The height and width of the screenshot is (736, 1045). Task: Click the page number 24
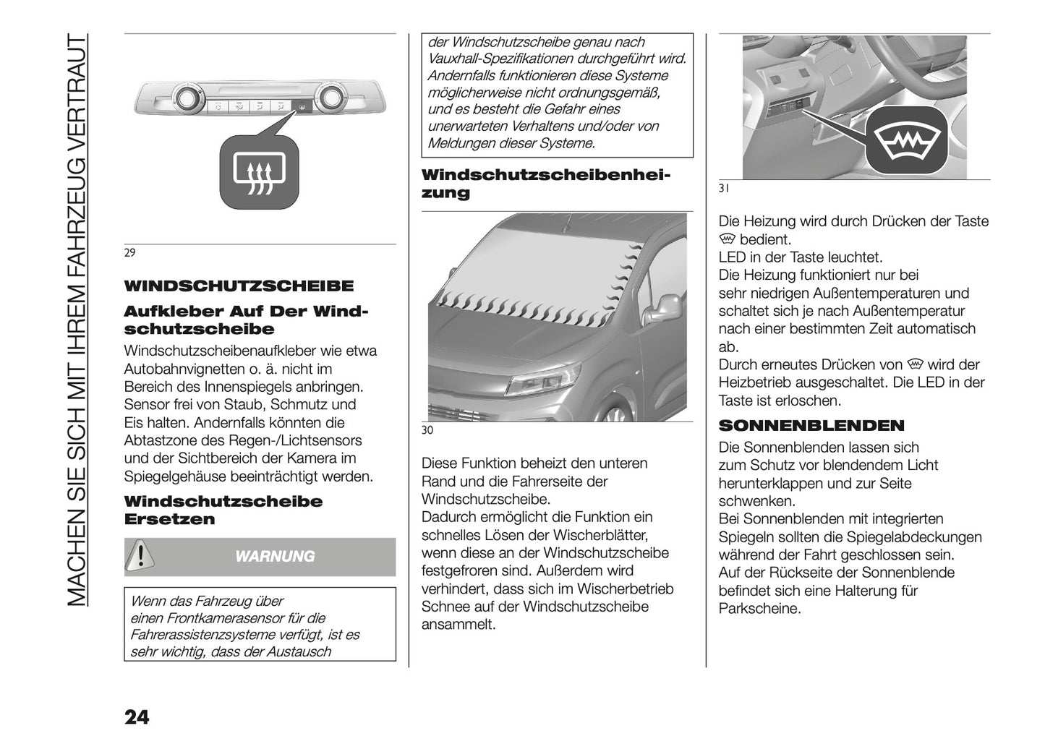(137, 716)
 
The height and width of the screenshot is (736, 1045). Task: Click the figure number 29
(129, 253)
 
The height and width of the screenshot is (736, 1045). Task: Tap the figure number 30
(427, 431)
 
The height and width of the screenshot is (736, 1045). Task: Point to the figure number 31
(723, 189)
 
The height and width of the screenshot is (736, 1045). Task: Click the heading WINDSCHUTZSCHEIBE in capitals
(239, 286)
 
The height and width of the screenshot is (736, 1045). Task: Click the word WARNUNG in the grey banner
(276, 557)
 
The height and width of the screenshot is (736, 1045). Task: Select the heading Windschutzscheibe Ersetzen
(223, 510)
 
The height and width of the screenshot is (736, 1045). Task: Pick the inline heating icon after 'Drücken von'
(915, 364)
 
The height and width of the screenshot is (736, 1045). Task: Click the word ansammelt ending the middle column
(458, 625)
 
